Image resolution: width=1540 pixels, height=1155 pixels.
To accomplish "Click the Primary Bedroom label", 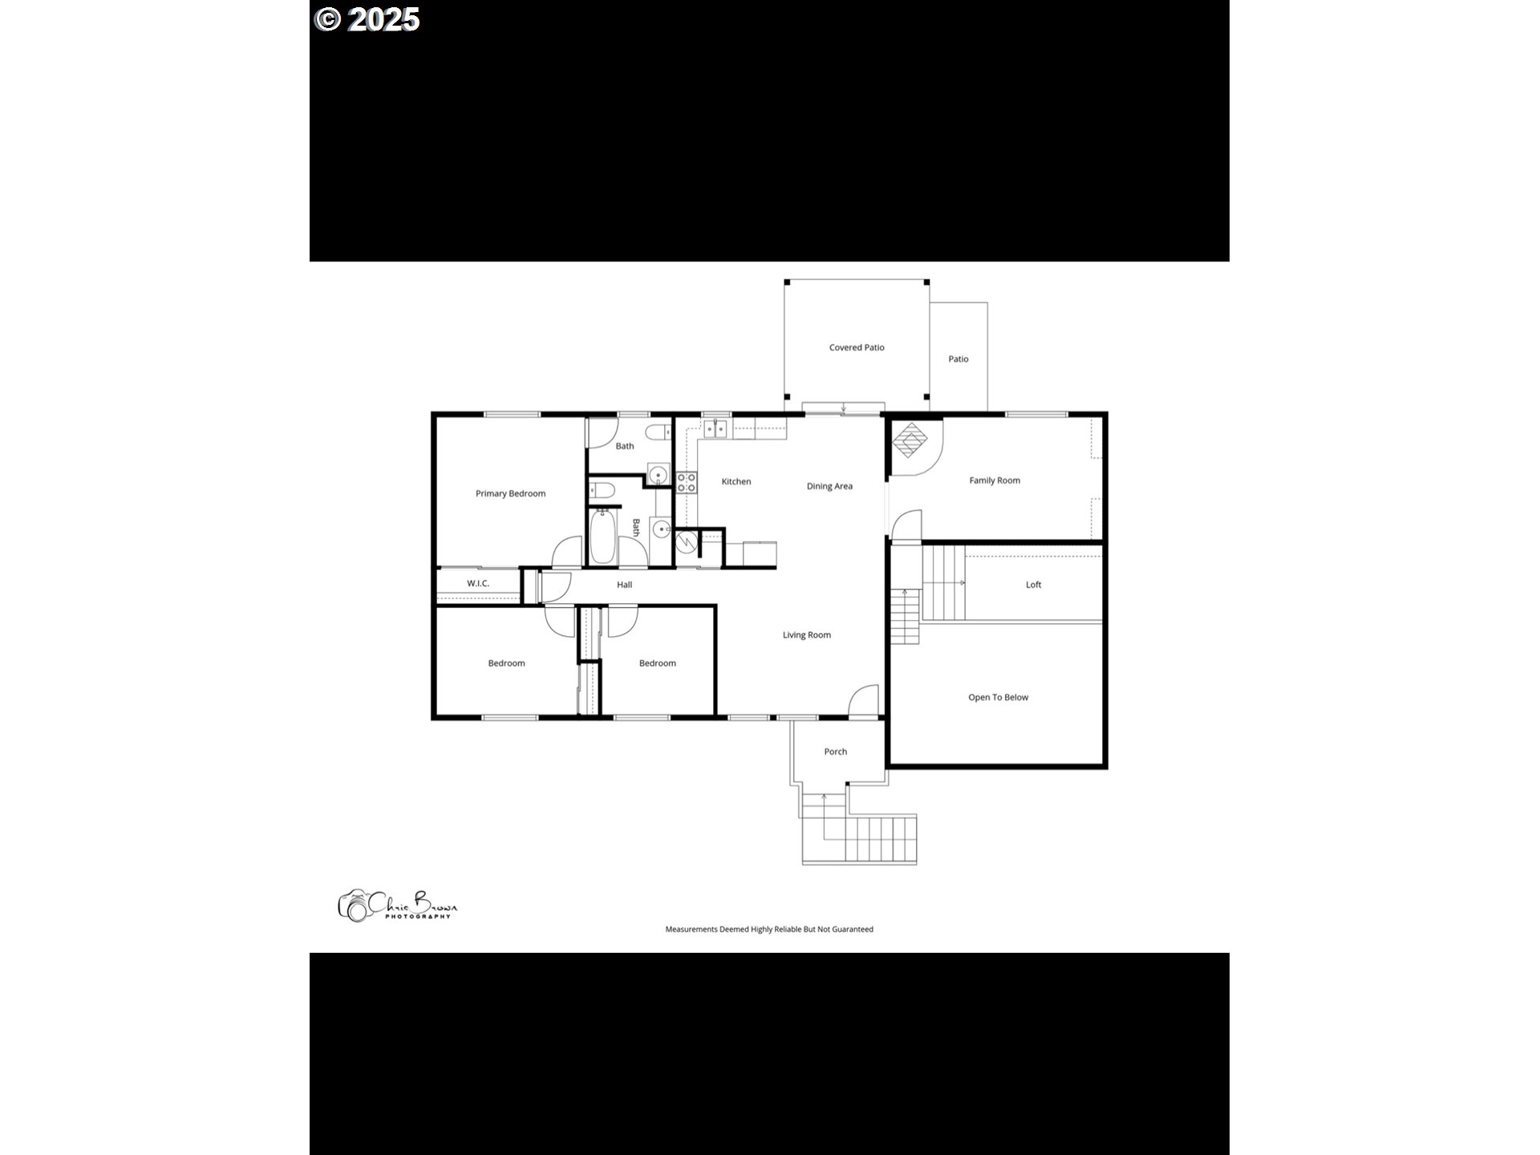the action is (x=510, y=493).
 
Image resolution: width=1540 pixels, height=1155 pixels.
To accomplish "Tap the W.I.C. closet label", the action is (x=478, y=583).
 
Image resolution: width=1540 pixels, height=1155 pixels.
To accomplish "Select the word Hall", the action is (x=624, y=585).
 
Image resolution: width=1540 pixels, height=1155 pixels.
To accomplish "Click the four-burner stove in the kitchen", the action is (x=687, y=482).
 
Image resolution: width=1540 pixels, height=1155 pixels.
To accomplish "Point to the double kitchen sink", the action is (x=715, y=429).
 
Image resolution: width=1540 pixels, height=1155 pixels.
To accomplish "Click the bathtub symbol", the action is (x=603, y=537).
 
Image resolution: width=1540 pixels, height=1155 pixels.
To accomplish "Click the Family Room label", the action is (x=995, y=480).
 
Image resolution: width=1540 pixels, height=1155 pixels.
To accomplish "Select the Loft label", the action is (x=1033, y=585).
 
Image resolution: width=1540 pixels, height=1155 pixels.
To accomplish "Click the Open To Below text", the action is (x=998, y=697).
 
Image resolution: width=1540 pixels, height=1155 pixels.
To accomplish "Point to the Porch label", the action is (x=835, y=752).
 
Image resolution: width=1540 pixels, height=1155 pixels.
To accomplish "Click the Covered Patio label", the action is (x=857, y=347).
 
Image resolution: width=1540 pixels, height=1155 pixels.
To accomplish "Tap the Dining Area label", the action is (x=829, y=486).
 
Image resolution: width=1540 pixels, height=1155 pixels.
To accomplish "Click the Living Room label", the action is (x=806, y=635).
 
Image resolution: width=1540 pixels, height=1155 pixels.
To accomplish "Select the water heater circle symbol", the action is (x=686, y=543).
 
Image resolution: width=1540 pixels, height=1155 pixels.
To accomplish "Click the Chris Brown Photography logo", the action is (x=397, y=905).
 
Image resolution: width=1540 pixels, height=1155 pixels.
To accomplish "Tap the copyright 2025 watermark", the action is (x=367, y=19).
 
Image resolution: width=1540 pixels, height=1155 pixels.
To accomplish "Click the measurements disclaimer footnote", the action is (x=769, y=930).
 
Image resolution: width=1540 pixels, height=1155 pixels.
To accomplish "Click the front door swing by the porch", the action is (x=863, y=699).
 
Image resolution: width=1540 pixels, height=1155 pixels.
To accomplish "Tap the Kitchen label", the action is (x=736, y=482).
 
